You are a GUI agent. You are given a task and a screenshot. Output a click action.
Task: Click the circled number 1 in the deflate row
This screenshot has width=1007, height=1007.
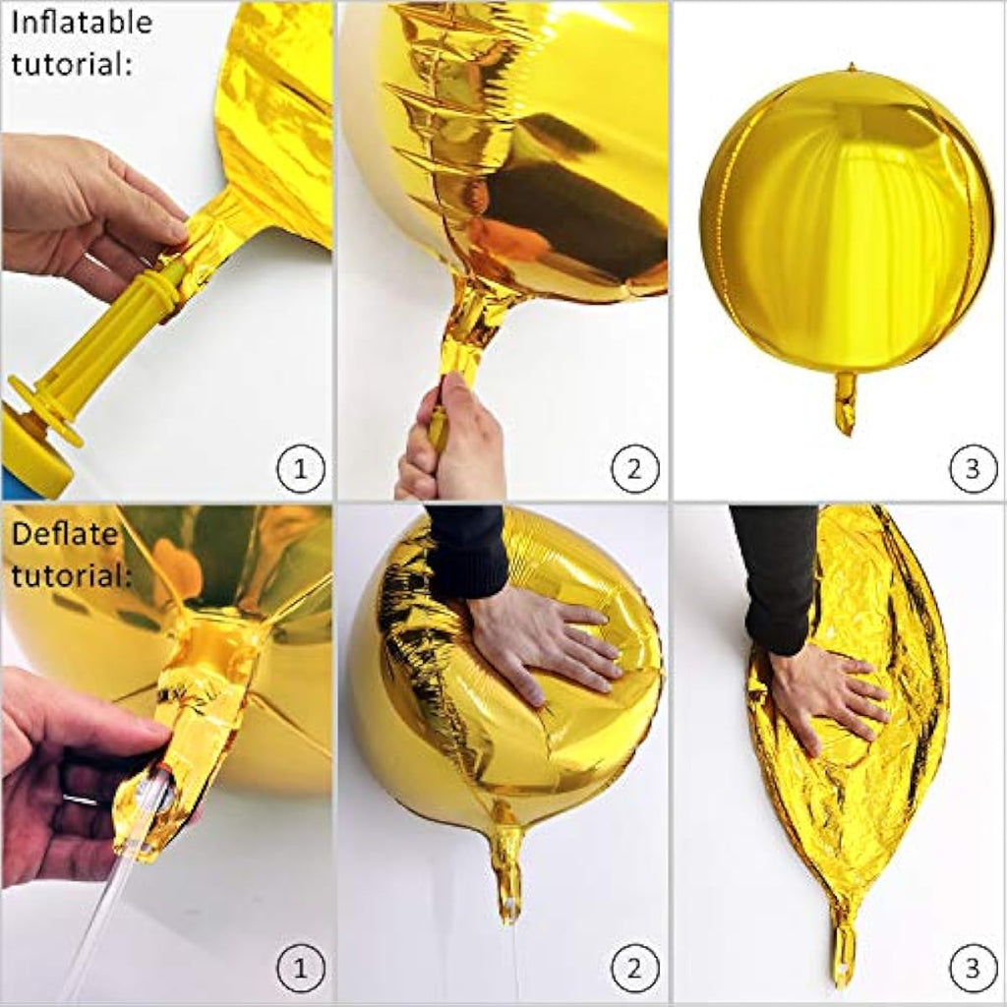[x=301, y=973]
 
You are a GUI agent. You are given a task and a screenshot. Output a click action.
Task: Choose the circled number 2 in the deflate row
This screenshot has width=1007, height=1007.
[x=636, y=973]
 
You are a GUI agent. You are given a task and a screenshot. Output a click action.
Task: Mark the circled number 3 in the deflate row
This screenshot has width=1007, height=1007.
[x=972, y=973]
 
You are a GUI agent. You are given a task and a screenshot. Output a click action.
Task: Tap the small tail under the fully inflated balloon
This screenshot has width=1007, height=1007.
[x=846, y=401]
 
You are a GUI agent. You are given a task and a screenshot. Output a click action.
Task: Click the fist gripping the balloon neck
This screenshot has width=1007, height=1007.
[x=447, y=443]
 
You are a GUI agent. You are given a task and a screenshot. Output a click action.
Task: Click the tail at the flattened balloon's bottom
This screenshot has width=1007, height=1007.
[x=843, y=949]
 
